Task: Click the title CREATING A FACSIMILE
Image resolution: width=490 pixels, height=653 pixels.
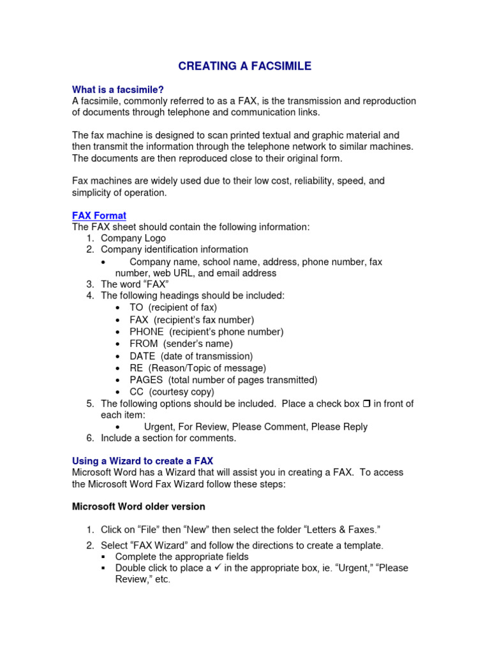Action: coord(245,66)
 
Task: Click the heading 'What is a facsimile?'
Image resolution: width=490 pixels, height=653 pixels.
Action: coord(122,89)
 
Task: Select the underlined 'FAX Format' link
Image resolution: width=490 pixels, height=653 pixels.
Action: coord(99,216)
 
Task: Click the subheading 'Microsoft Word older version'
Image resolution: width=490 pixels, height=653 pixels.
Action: coord(138,506)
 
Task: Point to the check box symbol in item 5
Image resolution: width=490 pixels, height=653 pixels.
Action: coord(366,404)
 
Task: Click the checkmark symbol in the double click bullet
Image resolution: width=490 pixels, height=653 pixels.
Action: coord(218,568)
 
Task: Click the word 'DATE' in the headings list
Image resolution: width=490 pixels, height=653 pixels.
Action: coord(142,356)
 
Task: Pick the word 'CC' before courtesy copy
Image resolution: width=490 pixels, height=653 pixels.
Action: coord(137,392)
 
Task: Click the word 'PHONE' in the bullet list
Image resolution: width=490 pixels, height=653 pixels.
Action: coord(147,332)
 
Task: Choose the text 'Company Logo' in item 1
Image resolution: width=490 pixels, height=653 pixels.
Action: coord(133,238)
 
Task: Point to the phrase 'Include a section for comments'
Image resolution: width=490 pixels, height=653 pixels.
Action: coord(168,438)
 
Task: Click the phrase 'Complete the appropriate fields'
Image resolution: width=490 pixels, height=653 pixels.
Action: coord(182,557)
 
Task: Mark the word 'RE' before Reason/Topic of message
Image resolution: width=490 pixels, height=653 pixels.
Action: coord(137,368)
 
